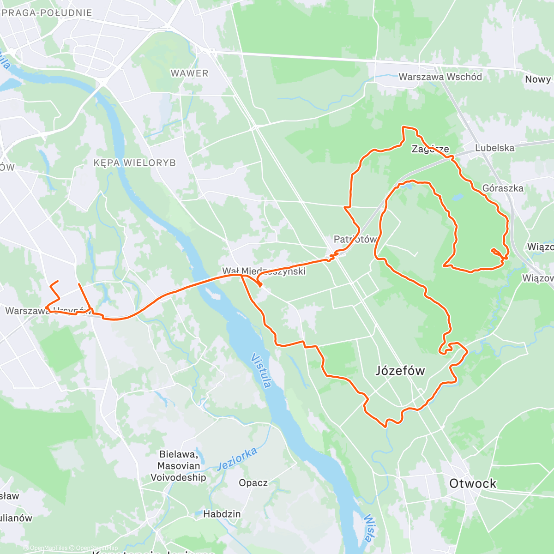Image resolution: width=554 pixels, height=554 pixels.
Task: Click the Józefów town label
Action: pos(400,371)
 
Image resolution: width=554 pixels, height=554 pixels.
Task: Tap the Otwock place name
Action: pos(473,483)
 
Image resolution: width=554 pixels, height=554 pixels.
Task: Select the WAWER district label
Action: pos(189,73)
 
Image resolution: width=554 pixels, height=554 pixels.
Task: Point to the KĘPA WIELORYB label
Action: pos(134,163)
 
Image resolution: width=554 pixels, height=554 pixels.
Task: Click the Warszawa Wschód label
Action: pos(440,77)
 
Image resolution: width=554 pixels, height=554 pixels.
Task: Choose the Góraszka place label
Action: pos(503,188)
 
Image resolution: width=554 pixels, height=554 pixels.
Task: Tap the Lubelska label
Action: pos(494,148)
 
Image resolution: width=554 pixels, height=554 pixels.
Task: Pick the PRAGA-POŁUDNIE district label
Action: pos(47,13)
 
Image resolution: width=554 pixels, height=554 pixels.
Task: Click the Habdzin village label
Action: pos(222,514)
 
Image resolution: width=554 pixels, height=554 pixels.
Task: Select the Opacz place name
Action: pos(253,483)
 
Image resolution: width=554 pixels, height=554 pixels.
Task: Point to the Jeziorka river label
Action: pos(237,458)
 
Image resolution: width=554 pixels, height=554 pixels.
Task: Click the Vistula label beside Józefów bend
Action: pos(262,371)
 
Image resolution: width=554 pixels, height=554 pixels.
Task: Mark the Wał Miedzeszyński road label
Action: pos(264,271)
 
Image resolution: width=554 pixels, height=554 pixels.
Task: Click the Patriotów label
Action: pos(355,239)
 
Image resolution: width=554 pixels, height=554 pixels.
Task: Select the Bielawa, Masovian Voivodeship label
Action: pos(178,466)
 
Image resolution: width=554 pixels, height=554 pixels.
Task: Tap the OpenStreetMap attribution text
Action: pos(97,548)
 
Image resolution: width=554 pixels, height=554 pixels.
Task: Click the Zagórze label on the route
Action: pos(430,149)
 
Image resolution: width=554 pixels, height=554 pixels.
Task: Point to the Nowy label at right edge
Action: pos(538,79)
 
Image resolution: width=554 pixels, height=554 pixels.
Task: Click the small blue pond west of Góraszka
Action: pos(457,198)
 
